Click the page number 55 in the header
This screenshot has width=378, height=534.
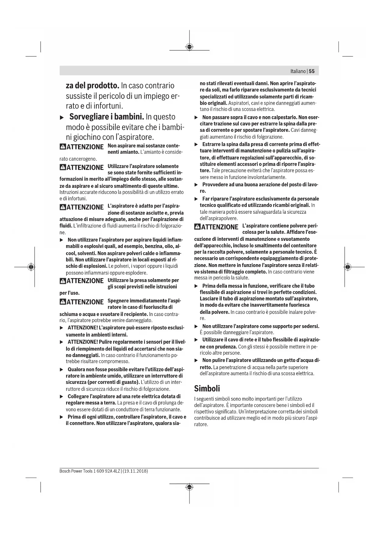coord(312,71)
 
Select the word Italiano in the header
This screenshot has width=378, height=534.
coord(298,71)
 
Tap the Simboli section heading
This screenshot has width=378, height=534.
coord(207,388)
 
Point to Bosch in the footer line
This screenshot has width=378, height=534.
coord(65,471)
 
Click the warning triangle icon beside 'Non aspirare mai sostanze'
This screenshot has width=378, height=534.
coord(63,147)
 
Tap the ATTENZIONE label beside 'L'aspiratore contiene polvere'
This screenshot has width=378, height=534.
coord(220,227)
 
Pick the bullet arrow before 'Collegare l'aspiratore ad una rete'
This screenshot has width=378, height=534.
coord(62,396)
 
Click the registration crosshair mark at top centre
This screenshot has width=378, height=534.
coord(189,47)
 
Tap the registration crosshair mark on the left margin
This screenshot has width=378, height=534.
coord(30,267)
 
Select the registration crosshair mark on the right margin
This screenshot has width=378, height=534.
coord(348,267)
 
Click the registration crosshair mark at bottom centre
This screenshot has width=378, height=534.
coord(189,487)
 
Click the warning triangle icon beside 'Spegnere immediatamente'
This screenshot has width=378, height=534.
coord(63,302)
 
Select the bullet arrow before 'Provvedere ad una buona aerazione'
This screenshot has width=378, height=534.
coord(196,185)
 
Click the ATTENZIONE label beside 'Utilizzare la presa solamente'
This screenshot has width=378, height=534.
coord(85,281)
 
